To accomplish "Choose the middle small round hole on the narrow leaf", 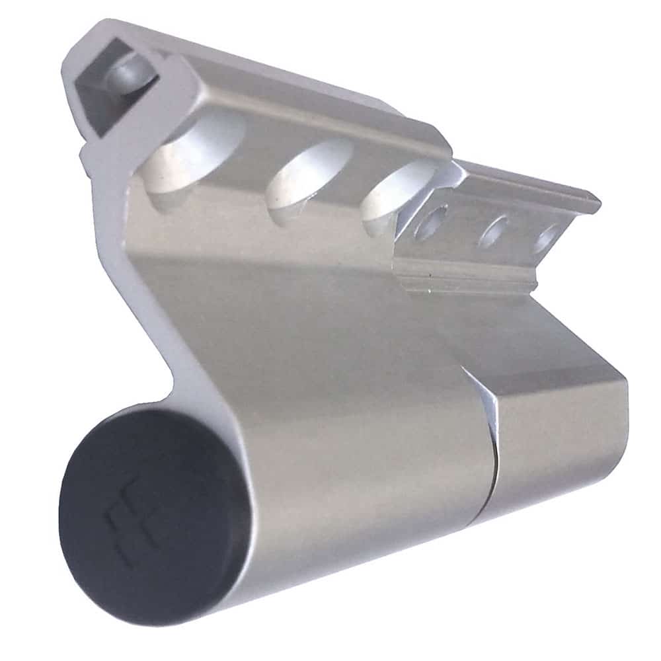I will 496,231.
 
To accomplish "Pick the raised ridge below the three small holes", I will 463,278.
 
